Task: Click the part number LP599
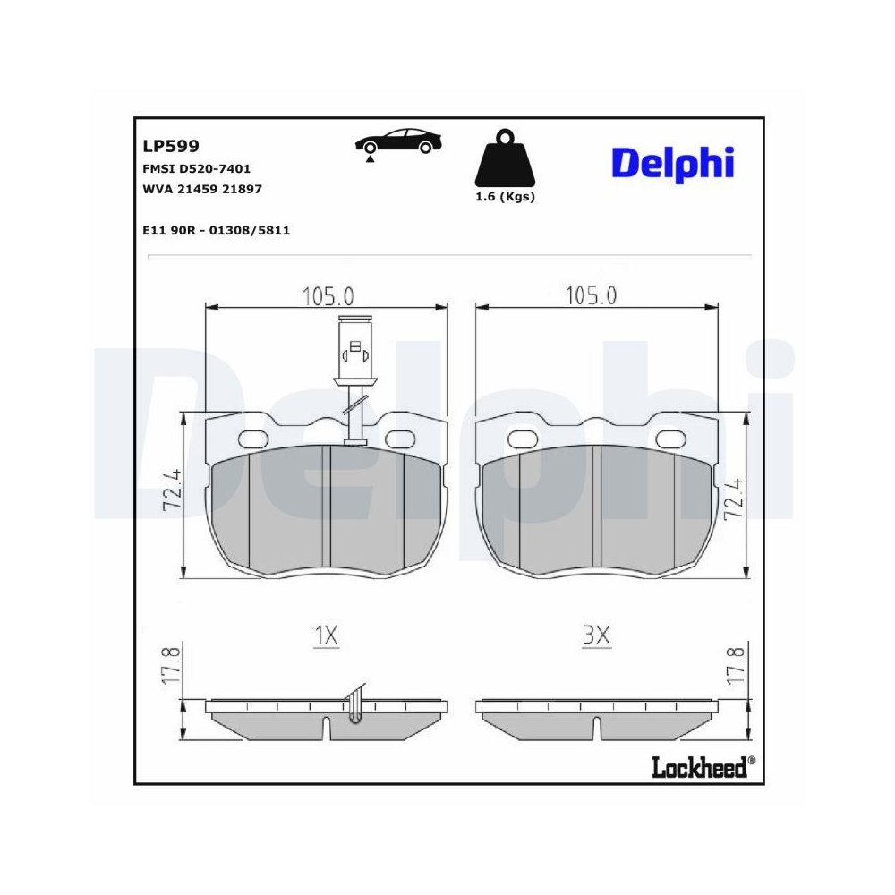[170, 146]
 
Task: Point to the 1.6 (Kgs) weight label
[505, 197]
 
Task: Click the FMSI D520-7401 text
[196, 168]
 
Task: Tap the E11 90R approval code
[216, 230]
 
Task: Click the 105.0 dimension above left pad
[328, 294]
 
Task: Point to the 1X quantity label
[326, 636]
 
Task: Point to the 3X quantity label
[595, 636]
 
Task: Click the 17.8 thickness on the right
[734, 662]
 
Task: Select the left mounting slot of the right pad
[521, 438]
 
